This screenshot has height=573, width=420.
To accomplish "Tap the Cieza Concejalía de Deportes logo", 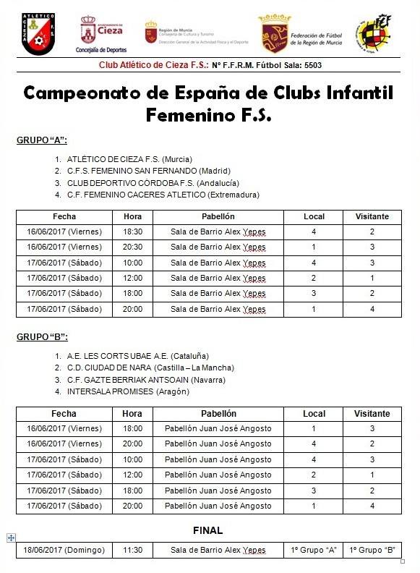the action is [x=100, y=33].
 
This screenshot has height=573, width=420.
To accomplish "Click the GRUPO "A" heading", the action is [x=42, y=140].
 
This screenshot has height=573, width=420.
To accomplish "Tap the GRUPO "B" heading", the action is [x=42, y=337].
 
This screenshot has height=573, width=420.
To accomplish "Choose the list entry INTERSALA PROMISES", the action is [x=128, y=391].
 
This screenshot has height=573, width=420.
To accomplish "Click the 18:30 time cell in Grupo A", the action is [x=132, y=232].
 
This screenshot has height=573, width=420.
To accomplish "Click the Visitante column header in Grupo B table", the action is [x=372, y=414].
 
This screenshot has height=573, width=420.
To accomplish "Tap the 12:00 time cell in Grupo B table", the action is [x=132, y=475].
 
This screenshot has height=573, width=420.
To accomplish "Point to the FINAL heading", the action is [x=208, y=530].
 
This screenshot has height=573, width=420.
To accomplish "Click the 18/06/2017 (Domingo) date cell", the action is [x=64, y=551].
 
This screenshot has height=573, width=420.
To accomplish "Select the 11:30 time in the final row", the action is [x=132, y=551].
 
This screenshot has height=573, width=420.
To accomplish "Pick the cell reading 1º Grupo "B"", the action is [x=372, y=551].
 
